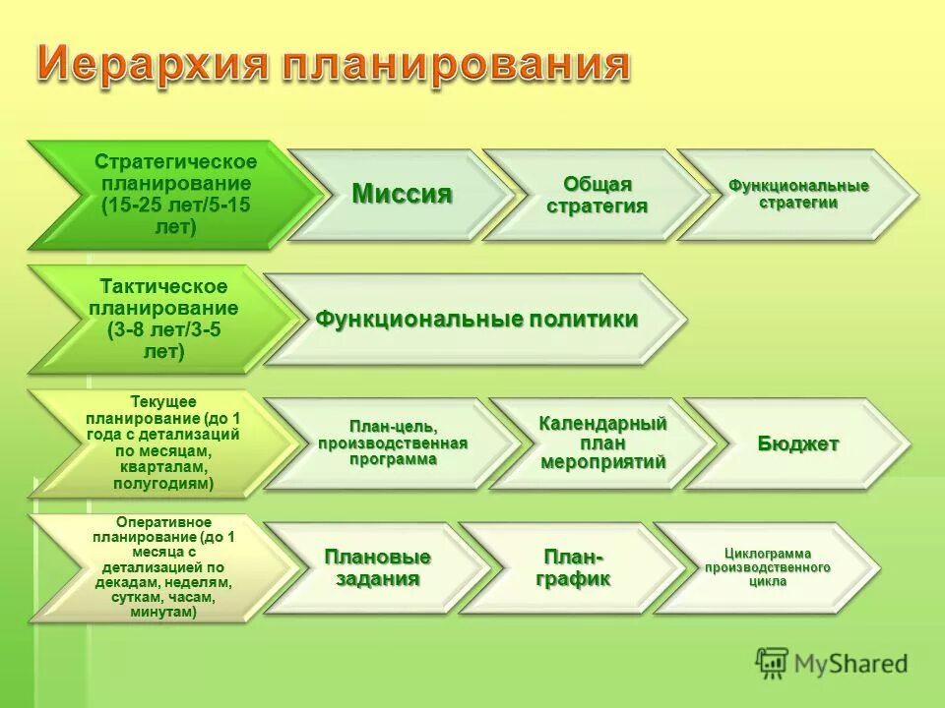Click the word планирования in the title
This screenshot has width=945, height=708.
click(x=454, y=65)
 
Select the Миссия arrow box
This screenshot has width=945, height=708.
click(x=402, y=195)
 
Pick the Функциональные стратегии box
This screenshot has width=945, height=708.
click(x=797, y=195)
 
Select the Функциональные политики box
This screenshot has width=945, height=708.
click(x=476, y=320)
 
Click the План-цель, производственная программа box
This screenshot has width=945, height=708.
click(x=392, y=443)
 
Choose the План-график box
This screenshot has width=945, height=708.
click(x=572, y=567)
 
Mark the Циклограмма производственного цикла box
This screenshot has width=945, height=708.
click(x=766, y=567)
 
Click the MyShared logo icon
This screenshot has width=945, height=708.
click(x=772, y=663)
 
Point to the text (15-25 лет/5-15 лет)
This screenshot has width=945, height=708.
click(x=175, y=215)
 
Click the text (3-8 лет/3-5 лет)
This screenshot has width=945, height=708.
click(x=163, y=340)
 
